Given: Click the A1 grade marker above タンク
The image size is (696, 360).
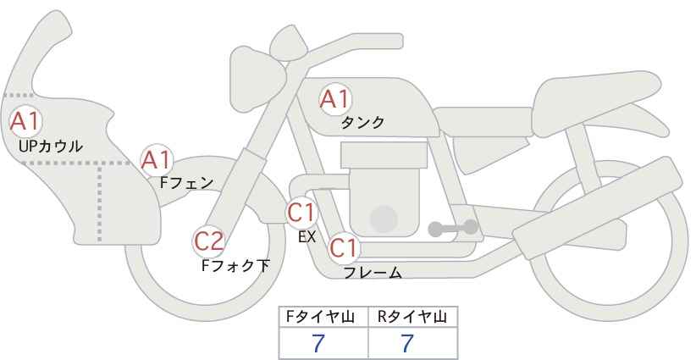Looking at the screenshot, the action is [x=335, y=99].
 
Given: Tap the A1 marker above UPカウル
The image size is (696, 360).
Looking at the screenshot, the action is [x=25, y=121].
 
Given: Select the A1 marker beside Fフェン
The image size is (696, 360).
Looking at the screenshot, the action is [x=157, y=160].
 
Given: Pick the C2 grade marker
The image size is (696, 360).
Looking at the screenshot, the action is [x=209, y=242].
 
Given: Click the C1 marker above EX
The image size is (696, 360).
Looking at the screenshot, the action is [x=301, y=212].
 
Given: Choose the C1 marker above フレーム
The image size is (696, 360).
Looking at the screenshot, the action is [x=344, y=247].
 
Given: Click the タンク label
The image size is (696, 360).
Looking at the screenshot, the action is [x=362, y=123].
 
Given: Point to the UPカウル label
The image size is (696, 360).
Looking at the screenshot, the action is [x=51, y=146].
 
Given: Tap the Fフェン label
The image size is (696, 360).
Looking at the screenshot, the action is [x=186, y=182].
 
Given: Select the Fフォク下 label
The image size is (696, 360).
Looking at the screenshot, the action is [x=235, y=265].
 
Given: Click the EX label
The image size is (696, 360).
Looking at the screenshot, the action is [x=307, y=237].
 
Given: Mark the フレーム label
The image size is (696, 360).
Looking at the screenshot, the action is [x=373, y=272].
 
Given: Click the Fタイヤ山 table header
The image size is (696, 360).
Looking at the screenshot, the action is [x=320, y=317].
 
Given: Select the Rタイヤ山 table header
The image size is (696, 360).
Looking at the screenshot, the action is [x=412, y=317].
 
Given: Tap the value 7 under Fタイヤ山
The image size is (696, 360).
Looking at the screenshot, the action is [x=318, y=343].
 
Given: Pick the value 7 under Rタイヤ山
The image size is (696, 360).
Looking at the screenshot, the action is [x=407, y=343].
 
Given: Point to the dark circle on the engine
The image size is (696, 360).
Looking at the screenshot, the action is [x=384, y=219].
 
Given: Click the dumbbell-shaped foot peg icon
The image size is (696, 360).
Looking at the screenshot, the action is [x=453, y=228].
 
